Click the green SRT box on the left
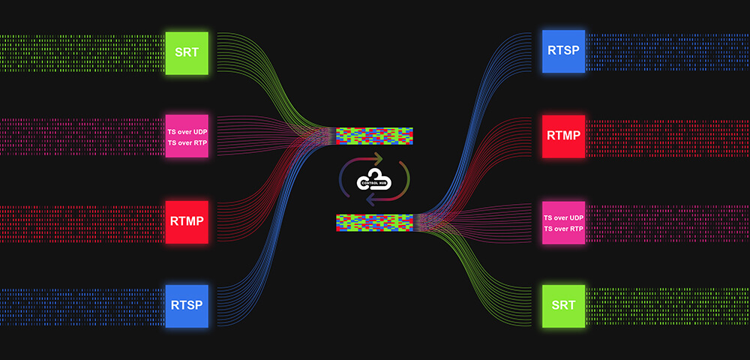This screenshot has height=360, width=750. pyautogui.click(x=187, y=52)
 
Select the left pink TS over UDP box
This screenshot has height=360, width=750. pyautogui.click(x=187, y=136)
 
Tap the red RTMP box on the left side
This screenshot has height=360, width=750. pyautogui.click(x=187, y=222)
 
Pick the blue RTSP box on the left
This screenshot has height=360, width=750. pyautogui.click(x=187, y=305)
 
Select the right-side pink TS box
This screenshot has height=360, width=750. pyautogui.click(x=563, y=223)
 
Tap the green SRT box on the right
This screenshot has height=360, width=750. pyautogui.click(x=563, y=306)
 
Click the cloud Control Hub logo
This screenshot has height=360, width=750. pyautogui.click(x=374, y=178)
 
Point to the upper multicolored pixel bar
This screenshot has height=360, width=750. pyautogui.click(x=374, y=136)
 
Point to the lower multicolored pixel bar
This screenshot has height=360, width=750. pyautogui.click(x=374, y=221)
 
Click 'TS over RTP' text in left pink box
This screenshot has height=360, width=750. pyautogui.click(x=187, y=142)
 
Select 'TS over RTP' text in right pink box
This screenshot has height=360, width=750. pyautogui.click(x=563, y=228)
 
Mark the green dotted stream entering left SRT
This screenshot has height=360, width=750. pyautogui.click(x=82, y=52)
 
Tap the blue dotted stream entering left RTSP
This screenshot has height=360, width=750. pyautogui.click(x=82, y=305)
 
